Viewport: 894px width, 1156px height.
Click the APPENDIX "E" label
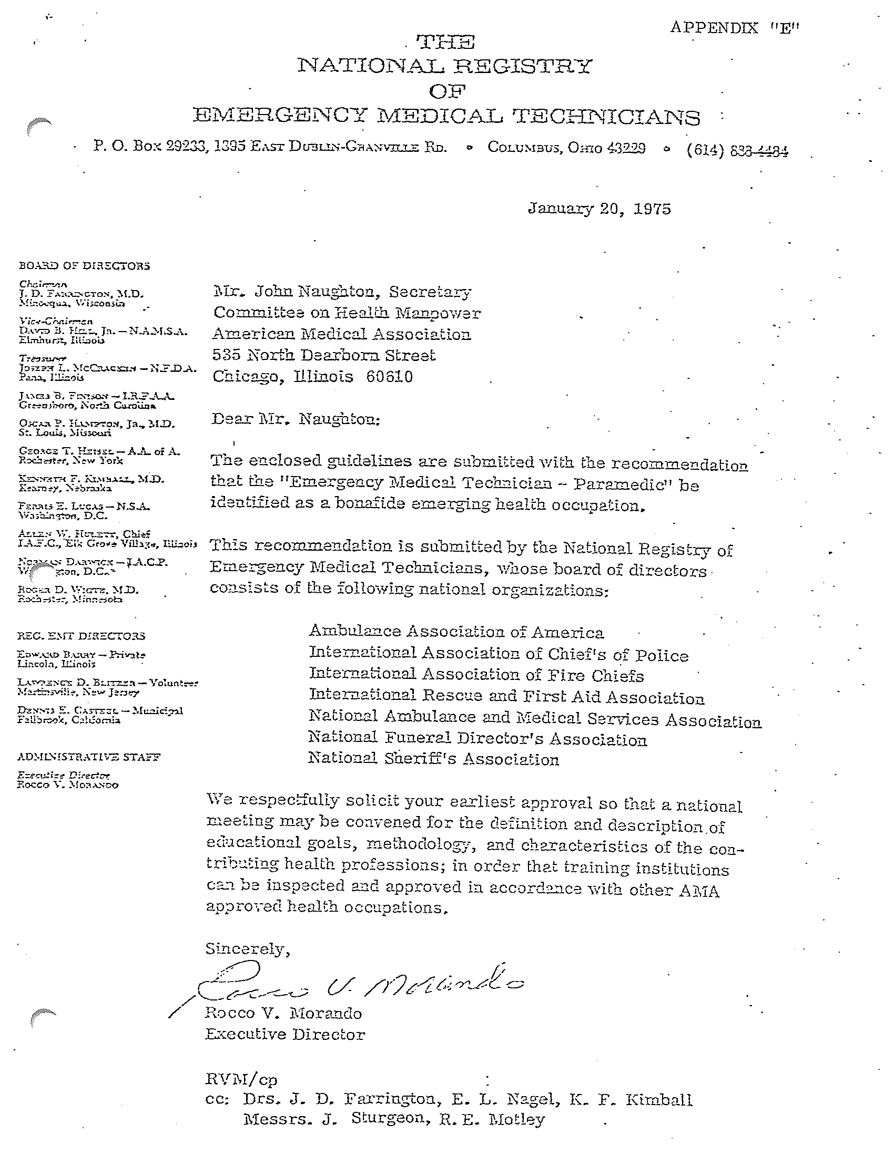coord(734,28)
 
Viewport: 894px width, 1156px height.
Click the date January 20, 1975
coord(599,209)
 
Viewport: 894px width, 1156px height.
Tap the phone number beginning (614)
coord(737,151)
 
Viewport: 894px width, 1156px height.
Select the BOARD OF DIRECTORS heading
coord(84,266)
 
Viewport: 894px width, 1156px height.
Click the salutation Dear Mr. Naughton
coord(296,419)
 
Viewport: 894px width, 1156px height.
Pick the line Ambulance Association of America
coord(456,632)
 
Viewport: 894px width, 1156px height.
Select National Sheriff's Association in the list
coord(433,759)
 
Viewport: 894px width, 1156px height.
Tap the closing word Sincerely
coord(247,948)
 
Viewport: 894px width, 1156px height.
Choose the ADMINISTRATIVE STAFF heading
coord(88,757)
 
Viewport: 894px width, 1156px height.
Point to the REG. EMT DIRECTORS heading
coord(81,636)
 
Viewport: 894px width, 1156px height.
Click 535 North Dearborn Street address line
coord(323,355)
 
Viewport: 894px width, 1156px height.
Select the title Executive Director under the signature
coord(285,1034)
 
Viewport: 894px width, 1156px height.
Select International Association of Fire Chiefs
coord(476,675)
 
